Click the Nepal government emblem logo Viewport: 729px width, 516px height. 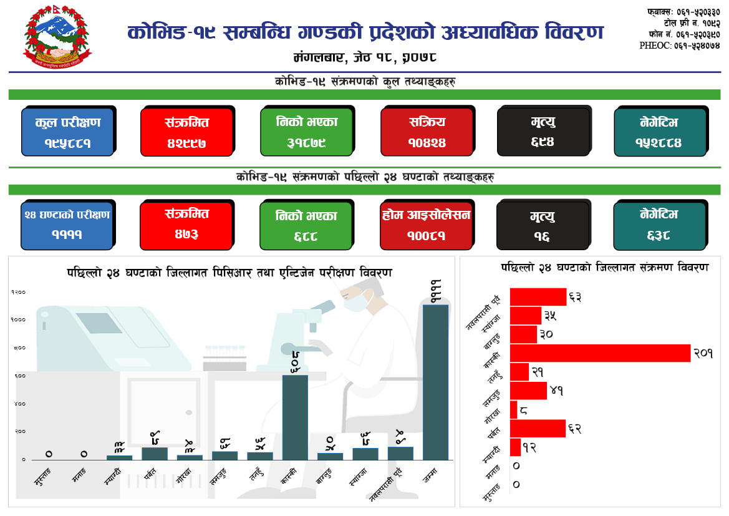pos(57,39)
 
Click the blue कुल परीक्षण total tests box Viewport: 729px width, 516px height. pos(68,132)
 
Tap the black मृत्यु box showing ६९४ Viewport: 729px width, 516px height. pos(543,132)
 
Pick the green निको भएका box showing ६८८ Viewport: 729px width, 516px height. pos(306,225)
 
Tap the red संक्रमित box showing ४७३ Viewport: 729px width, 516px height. pos(186,225)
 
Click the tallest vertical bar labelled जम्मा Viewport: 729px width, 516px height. pos(435,382)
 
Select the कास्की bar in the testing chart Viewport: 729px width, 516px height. pos(295,417)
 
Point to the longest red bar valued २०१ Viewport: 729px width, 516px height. pos(600,353)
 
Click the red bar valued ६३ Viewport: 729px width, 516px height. pos(538,297)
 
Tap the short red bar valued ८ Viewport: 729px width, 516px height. pos(513,410)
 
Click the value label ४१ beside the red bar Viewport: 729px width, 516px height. pos(557,391)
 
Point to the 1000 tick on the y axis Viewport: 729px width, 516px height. pos(18,319)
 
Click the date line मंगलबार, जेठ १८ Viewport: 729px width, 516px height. pos(364,57)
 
